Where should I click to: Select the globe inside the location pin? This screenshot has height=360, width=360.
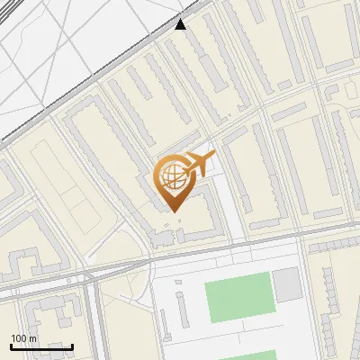coord(171,176)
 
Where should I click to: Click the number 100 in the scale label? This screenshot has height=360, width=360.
coord(19,337)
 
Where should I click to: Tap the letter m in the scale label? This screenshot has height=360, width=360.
coord(33,337)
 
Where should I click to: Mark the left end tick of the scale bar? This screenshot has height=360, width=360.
coord(11,346)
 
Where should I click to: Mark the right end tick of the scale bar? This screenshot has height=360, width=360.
coord(73,346)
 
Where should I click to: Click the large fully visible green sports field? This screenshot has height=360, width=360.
coord(238,298)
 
